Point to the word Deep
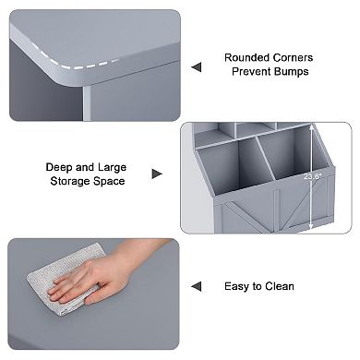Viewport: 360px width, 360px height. pyautogui.click(x=61, y=168)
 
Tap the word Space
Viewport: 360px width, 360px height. pyautogui.click(x=106, y=182)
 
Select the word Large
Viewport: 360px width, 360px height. pyautogui.click(x=111, y=168)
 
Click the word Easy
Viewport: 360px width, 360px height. pyautogui.click(x=237, y=287)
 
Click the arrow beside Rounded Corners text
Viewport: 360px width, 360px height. pyautogui.click(x=196, y=66)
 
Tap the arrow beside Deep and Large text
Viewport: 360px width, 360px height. pyautogui.click(x=157, y=174)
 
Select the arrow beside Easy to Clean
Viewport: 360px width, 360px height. pyautogui.click(x=196, y=287)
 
